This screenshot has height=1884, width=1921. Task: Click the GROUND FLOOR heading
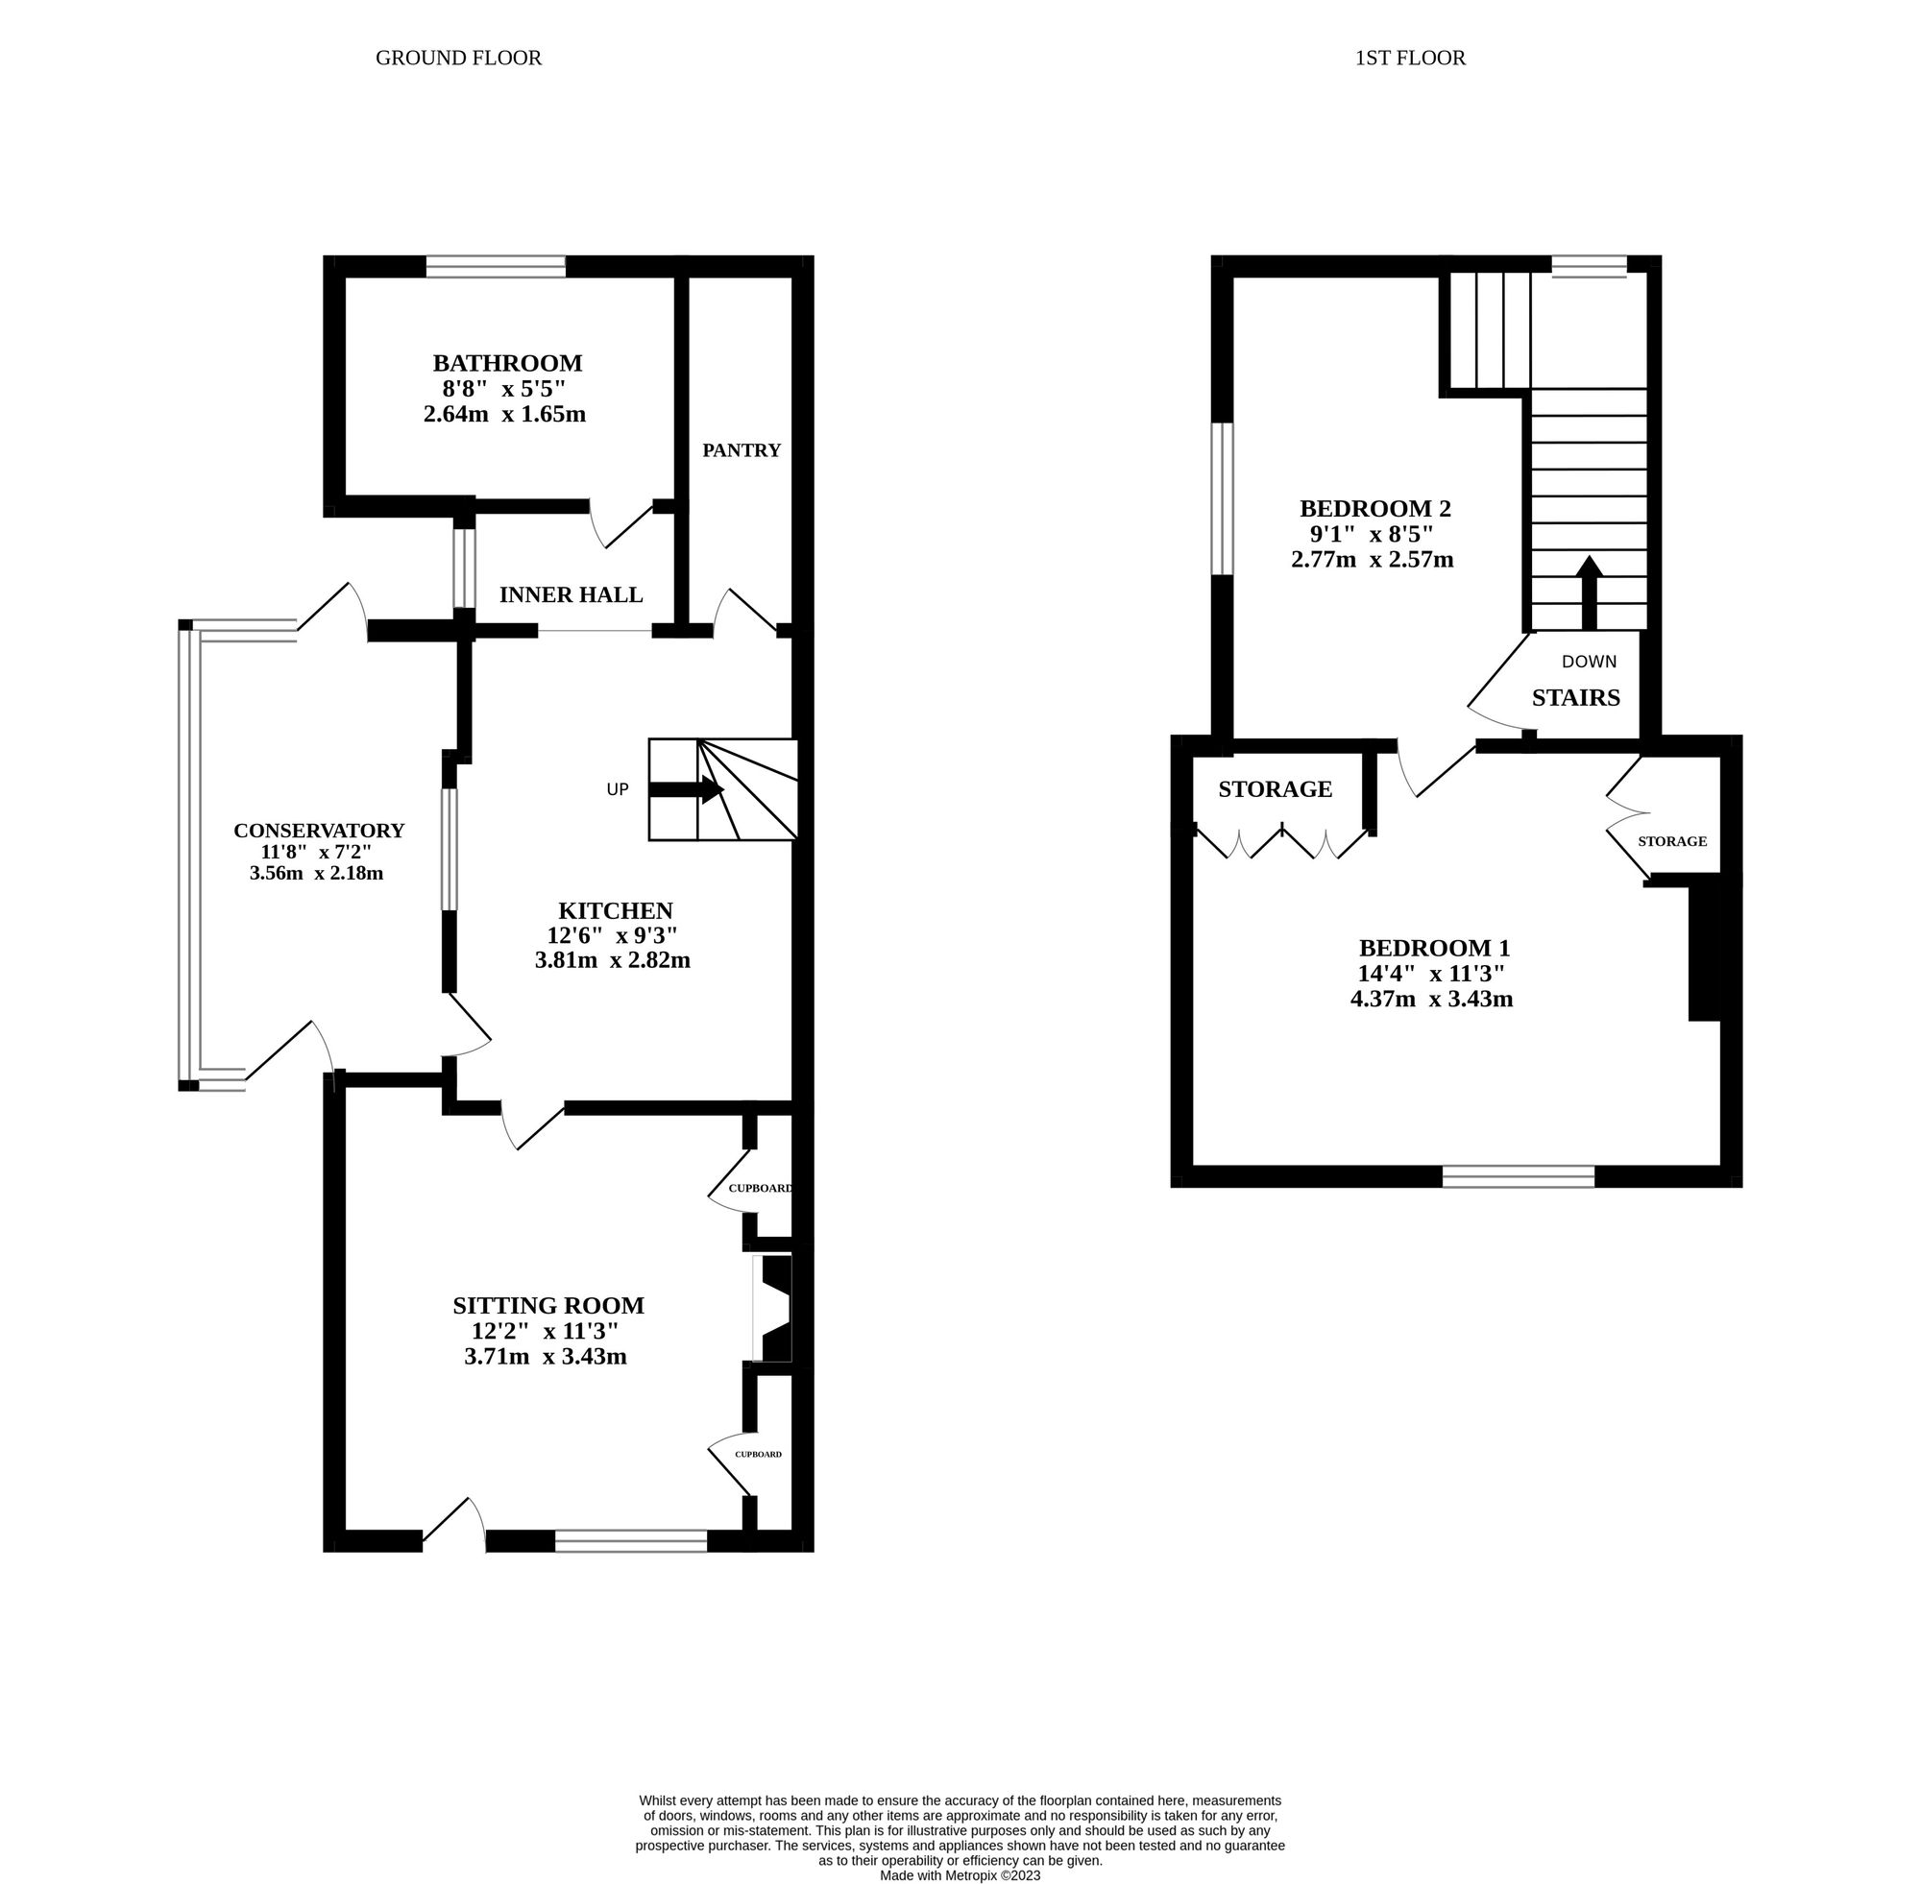(458, 59)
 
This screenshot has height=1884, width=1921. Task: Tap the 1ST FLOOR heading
(1409, 59)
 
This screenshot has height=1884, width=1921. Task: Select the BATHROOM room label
(507, 363)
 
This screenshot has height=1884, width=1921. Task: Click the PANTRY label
(742, 451)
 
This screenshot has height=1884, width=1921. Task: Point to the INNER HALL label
(571, 594)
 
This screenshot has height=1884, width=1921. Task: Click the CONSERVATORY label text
(319, 832)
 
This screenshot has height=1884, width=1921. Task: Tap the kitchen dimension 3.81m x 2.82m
(612, 960)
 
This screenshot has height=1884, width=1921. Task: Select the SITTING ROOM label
(547, 1306)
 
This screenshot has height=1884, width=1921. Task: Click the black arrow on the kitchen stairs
(687, 789)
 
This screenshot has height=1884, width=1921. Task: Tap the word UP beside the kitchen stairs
(618, 789)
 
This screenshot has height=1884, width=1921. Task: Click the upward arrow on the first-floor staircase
(1589, 592)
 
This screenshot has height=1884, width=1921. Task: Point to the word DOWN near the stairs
(1589, 662)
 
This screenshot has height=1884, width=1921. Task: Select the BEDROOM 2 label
(1374, 509)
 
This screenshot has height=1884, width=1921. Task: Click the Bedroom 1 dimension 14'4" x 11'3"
(1431, 974)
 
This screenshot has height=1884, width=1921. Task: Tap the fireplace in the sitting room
(774, 1308)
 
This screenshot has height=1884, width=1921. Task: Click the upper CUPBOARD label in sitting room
(760, 1189)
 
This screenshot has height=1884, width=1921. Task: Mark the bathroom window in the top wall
(496, 266)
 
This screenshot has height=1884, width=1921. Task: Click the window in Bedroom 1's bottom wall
(1519, 1176)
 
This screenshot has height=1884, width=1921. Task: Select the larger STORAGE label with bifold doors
(1275, 789)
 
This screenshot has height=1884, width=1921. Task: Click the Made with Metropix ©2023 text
(960, 1875)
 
